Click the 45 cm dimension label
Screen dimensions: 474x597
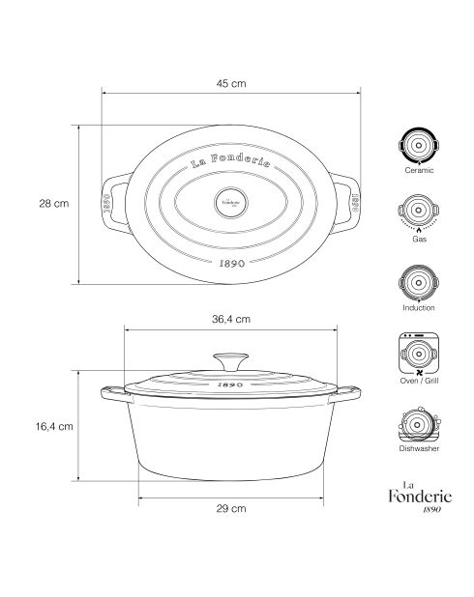[231, 83]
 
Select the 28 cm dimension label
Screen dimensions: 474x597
[54, 203]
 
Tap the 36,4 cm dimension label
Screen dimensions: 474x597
[231, 319]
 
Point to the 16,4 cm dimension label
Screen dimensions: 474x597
[54, 426]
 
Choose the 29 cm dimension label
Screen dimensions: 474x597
[231, 509]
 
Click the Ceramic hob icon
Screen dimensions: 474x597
[419, 146]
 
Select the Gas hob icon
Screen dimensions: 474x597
[419, 213]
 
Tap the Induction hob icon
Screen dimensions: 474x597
[419, 283]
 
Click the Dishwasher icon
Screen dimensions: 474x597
[419, 424]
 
